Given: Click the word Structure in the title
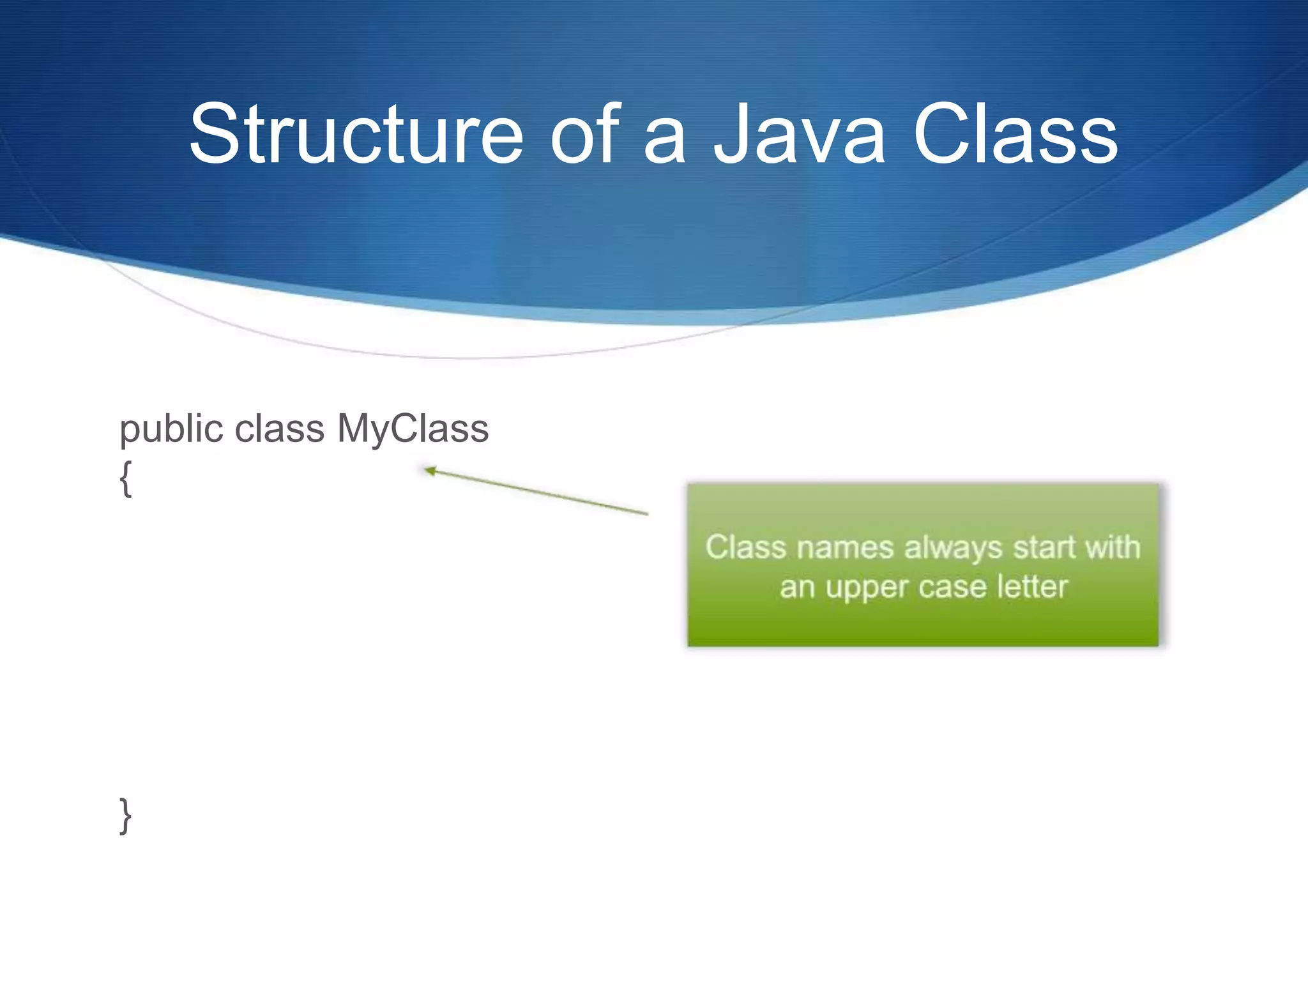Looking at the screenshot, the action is tap(356, 135).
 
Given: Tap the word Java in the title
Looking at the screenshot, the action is tap(799, 135).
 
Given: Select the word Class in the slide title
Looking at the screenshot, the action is tap(1015, 135).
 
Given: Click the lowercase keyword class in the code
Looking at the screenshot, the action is tap(280, 429).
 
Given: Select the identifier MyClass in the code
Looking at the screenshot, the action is tap(413, 430).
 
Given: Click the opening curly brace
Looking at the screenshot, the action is tap(126, 478).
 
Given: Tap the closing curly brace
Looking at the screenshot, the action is tap(126, 816).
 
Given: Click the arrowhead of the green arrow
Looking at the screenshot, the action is tap(430, 471).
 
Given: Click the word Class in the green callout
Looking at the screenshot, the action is tap(745, 547).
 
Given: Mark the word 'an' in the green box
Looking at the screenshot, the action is tap(796, 587).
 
